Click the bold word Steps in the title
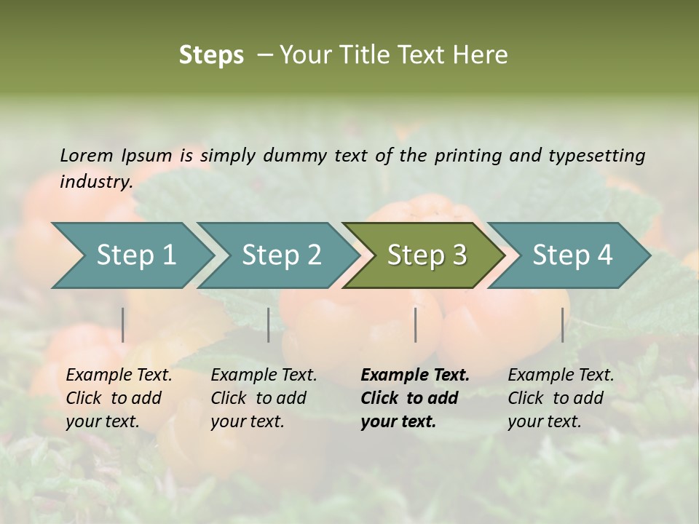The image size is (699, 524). point(211,55)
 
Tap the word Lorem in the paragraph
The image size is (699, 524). point(87,156)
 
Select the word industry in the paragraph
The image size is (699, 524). point(95,182)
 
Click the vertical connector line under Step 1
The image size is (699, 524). point(123,325)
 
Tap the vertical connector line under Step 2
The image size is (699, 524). point(269,325)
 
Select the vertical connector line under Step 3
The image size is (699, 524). point(416,325)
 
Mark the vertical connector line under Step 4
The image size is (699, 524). point(562,325)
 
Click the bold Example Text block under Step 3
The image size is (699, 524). point(414,398)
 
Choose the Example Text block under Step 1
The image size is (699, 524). point(119,398)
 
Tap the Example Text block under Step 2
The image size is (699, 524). point(264,398)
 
